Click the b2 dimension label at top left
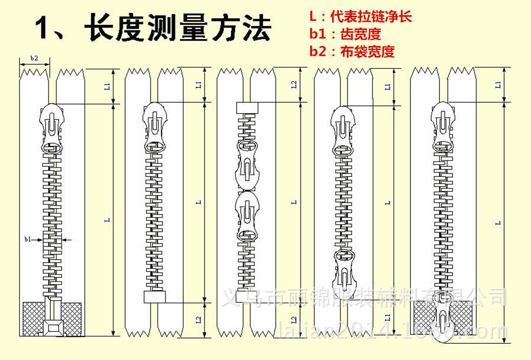coord(34,58)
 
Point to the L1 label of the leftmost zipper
coord(108,86)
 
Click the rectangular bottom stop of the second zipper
coord(154,297)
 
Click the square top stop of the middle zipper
coord(246,108)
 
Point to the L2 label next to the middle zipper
coord(294,85)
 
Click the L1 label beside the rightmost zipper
coord(498,85)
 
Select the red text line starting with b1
coord(345,34)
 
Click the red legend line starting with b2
coord(352,51)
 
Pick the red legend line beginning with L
coord(360,17)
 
